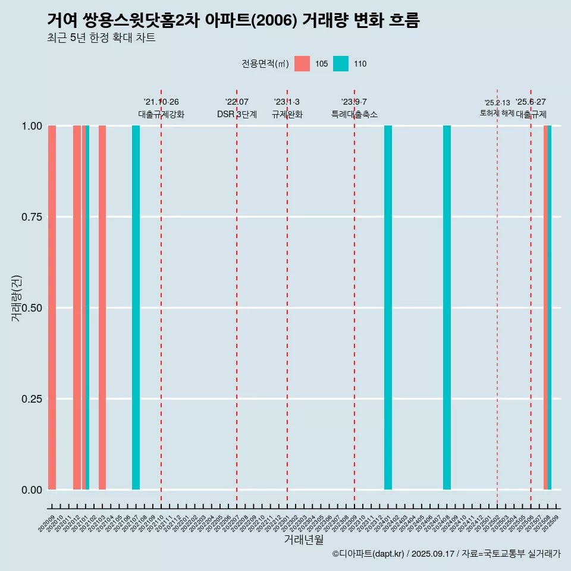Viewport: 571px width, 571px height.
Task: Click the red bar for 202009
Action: pyautogui.click(x=52, y=308)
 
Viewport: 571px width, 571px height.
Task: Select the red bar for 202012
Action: pyautogui.click(x=77, y=308)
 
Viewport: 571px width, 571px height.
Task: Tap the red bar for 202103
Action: pyautogui.click(x=102, y=308)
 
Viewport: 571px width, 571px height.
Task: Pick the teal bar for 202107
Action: pyautogui.click(x=136, y=308)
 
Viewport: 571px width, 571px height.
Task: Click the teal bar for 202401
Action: pyautogui.click(x=388, y=308)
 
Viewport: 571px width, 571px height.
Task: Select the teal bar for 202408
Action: pyautogui.click(x=447, y=308)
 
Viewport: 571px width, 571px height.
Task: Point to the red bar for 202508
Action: pyautogui.click(x=545, y=308)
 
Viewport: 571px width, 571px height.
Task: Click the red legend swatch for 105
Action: pyautogui.click(x=302, y=64)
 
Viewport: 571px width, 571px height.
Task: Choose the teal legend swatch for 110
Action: pyautogui.click(x=341, y=64)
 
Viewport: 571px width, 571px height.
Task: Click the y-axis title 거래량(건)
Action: pyautogui.click(x=17, y=299)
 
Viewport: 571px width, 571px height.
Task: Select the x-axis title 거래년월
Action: pyautogui.click(x=304, y=539)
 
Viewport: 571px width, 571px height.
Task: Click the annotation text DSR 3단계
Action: pyautogui.click(x=237, y=114)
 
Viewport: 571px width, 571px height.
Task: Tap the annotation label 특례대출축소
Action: pyautogui.click(x=354, y=114)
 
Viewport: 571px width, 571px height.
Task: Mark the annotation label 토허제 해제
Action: pyautogui.click(x=497, y=113)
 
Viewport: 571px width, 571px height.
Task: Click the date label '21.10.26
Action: pyautogui.click(x=161, y=102)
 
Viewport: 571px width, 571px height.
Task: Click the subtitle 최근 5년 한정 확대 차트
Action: pyautogui.click(x=101, y=38)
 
